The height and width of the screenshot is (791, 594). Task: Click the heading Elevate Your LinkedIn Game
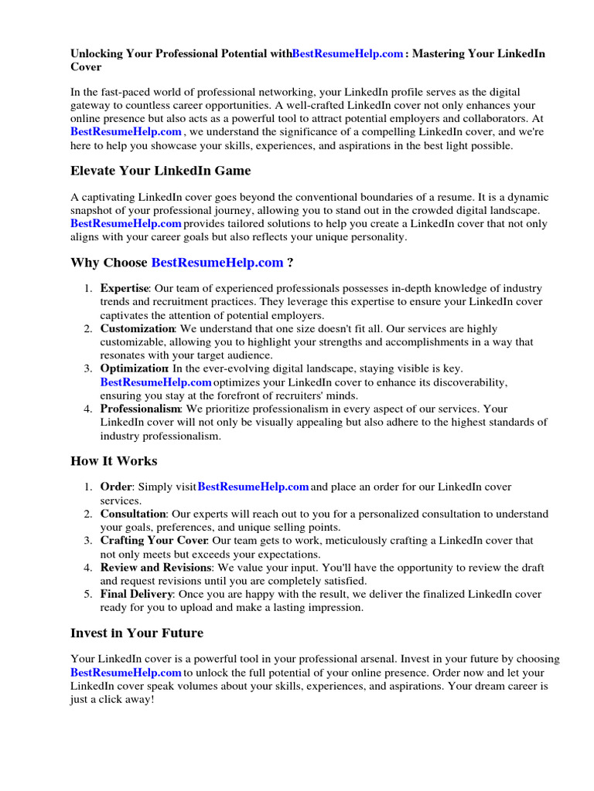(160, 170)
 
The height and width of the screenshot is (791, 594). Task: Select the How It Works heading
(114, 461)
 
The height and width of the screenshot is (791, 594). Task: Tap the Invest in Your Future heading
(137, 633)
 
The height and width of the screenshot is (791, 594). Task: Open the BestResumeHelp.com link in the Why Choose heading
(217, 263)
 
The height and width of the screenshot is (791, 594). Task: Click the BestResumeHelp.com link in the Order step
(254, 487)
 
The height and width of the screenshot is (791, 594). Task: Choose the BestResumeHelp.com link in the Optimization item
(155, 382)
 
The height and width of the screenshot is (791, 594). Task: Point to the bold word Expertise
(124, 288)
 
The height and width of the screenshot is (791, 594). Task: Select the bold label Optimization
(135, 369)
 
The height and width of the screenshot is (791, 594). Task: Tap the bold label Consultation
(133, 514)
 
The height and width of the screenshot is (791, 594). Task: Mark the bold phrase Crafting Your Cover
(154, 541)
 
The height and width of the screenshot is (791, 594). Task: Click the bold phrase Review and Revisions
(155, 568)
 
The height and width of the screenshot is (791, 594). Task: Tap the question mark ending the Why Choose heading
(290, 263)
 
